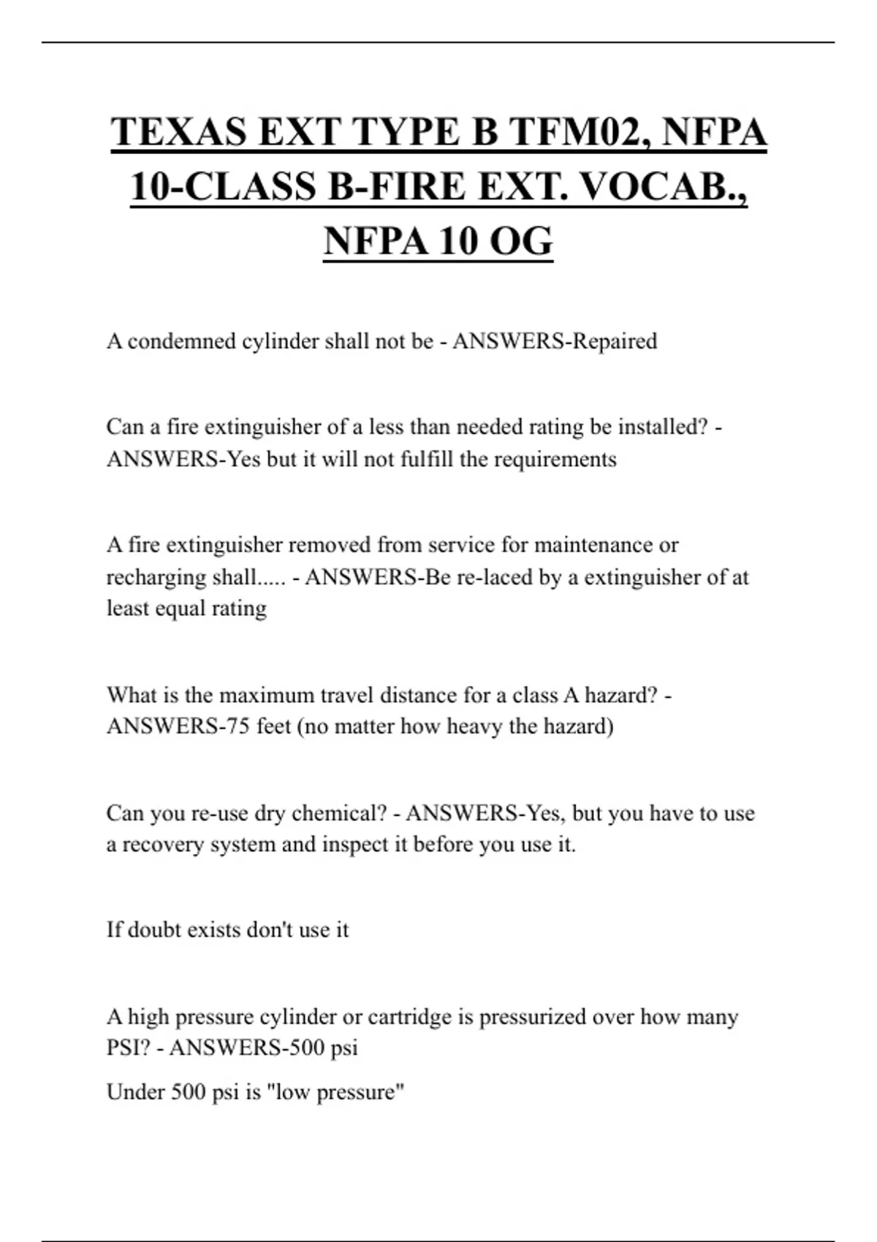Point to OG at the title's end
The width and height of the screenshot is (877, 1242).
click(520, 240)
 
